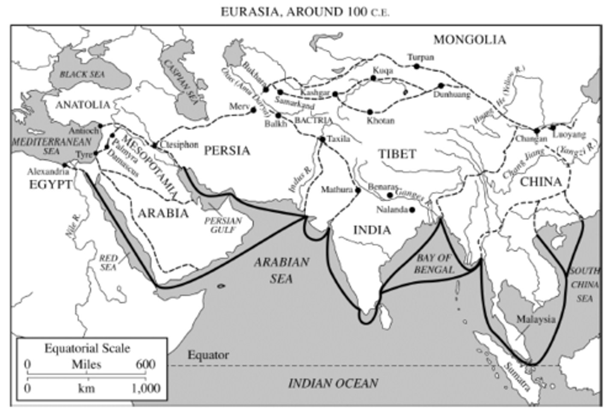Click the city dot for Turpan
[416, 66]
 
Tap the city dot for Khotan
[370, 112]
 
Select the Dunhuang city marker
[441, 86]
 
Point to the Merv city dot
[253, 110]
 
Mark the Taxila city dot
[323, 139]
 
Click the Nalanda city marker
[412, 210]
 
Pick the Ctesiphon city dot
[154, 146]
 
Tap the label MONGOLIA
[469, 40]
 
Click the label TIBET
[397, 154]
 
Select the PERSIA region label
[227, 151]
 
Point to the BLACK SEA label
[82, 74]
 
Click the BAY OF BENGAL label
[434, 263]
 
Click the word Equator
[208, 355]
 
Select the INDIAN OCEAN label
[333, 383]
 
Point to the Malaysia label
[536, 319]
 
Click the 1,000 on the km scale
[146, 388]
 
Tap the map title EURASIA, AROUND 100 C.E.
[305, 12]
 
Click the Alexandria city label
[48, 172]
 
